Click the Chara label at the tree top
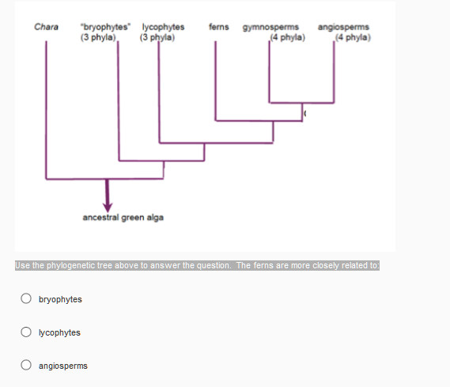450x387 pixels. pyautogui.click(x=44, y=27)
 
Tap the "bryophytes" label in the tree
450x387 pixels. pyautogui.click(x=101, y=27)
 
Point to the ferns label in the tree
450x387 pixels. pyautogui.click(x=219, y=27)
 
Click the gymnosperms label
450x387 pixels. pyautogui.click(x=270, y=27)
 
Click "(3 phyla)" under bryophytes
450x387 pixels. pyautogui.click(x=99, y=36)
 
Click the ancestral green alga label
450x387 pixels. pyautogui.click(x=123, y=217)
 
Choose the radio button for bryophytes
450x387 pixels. pyautogui.click(x=26, y=299)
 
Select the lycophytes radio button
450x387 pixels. pyautogui.click(x=26, y=332)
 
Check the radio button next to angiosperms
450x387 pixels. pyautogui.click(x=26, y=366)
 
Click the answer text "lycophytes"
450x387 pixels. pyautogui.click(x=59, y=332)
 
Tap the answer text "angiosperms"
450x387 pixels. pyautogui.click(x=62, y=366)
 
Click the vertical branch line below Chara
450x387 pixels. pyautogui.click(x=47, y=111)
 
